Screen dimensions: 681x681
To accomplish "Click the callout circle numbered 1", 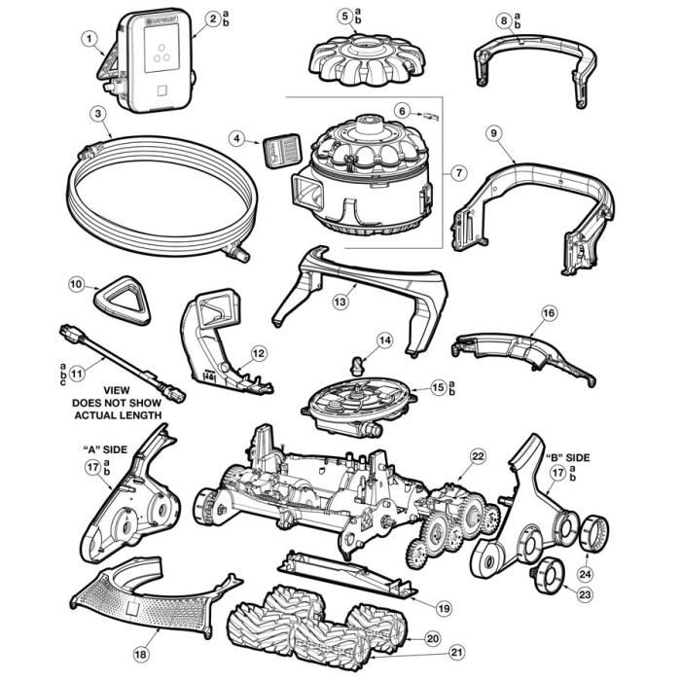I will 90,40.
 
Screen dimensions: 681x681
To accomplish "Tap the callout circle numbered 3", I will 98,113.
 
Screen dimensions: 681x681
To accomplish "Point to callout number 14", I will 385,340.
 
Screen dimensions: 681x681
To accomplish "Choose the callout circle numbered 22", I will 478,454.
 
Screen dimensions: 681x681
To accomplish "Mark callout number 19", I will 444,608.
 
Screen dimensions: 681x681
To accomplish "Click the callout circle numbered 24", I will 586,573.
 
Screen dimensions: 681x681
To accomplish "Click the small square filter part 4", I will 279,153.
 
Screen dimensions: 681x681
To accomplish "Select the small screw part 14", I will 356,367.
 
